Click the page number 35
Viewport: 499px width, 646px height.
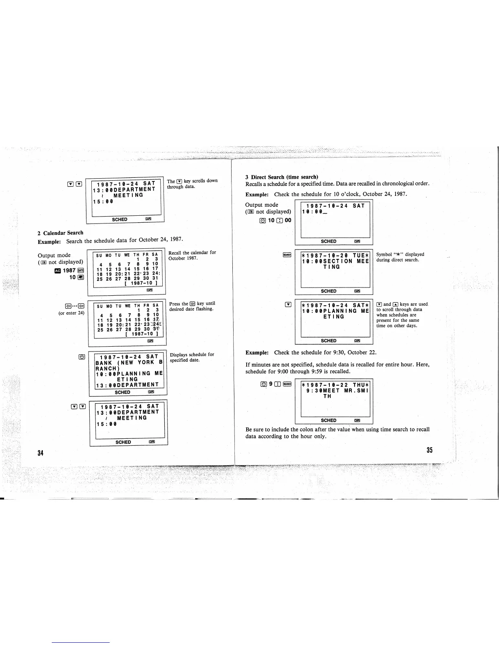click(x=429, y=450)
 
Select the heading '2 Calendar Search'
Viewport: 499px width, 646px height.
click(x=60, y=233)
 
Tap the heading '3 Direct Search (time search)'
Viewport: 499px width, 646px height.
click(x=281, y=177)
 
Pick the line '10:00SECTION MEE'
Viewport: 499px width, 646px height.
click(x=335, y=261)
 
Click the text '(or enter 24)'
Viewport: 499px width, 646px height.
click(x=71, y=313)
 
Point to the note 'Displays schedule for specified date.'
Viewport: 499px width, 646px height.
click(x=192, y=357)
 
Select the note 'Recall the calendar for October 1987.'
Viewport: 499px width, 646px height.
click(x=192, y=255)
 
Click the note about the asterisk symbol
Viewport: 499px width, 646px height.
click(x=400, y=257)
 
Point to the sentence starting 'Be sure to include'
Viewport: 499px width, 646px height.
click(x=337, y=433)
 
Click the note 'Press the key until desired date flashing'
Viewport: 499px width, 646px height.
click(x=192, y=306)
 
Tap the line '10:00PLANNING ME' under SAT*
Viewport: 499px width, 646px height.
click(x=335, y=311)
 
